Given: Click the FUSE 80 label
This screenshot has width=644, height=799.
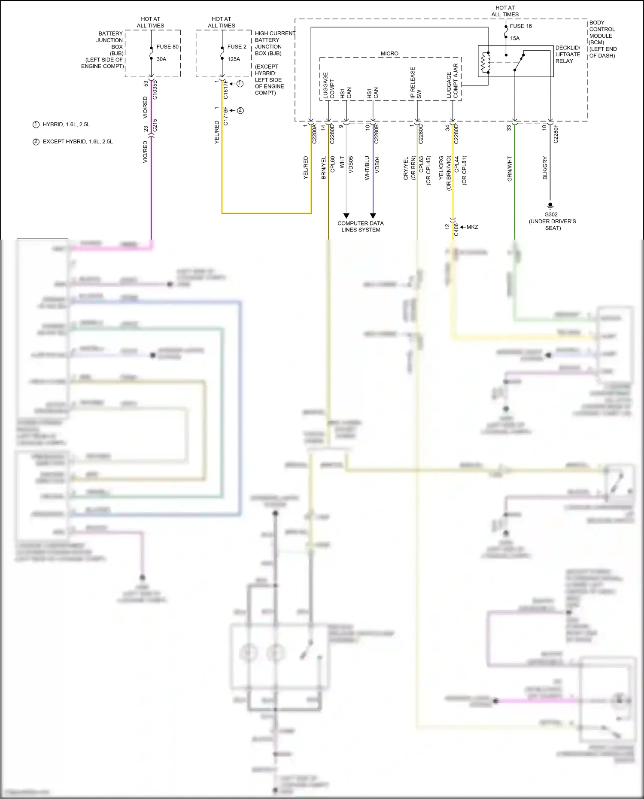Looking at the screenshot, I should pos(167,47).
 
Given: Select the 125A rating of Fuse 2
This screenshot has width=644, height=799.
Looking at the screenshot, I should pos(234,59).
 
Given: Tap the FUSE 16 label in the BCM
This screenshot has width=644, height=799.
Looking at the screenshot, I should pos(521,26).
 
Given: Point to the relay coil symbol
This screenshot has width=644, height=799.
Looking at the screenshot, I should pos(486,63).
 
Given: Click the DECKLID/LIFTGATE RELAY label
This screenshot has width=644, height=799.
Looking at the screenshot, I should pos(568,55).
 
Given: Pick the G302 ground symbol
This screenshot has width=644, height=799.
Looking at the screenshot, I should pos(550,206).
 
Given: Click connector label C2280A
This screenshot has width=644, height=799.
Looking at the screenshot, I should pos(314,134).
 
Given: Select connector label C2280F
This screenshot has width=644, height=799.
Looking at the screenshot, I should pos(556,134).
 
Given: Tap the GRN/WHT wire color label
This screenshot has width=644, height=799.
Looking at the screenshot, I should pos(510,169).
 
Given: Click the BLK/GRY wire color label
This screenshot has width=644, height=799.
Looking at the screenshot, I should pos(545,168).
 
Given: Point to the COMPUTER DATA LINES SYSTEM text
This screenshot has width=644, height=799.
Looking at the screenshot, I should pos(361,227).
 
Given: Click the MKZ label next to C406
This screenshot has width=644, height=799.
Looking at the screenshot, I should pos(472,227).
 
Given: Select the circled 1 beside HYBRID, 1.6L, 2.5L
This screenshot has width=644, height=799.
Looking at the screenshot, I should pos(36,125).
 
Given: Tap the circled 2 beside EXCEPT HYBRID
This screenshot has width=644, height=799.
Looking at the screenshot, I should pos(36,142).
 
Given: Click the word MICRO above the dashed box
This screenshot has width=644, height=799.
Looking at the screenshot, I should pos(389,54).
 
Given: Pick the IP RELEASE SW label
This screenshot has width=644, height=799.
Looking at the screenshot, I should pos(416,83).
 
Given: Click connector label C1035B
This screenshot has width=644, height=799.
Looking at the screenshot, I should pos(155,90).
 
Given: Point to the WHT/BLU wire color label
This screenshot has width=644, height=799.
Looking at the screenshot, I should pos(367,168).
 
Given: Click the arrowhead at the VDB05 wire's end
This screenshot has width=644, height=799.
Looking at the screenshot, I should pos(346,216).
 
